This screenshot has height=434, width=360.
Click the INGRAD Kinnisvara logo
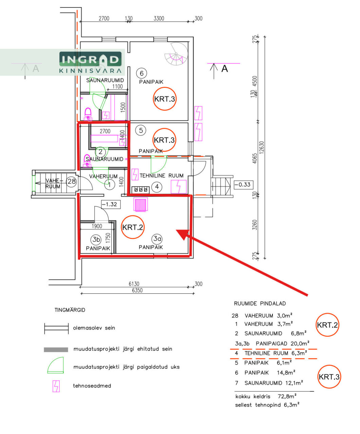(x=90, y=62)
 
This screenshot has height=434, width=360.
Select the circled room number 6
(x=141, y=73)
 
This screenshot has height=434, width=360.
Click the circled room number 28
(x=71, y=181)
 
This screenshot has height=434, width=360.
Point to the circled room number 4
(x=157, y=186)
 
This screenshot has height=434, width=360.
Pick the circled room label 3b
(x=96, y=239)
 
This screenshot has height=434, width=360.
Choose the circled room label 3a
(x=157, y=239)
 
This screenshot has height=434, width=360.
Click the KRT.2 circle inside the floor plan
(x=132, y=227)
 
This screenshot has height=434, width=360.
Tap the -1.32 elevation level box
(x=111, y=204)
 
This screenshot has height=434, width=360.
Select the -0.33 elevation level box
(x=244, y=184)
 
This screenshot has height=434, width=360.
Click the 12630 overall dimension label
(x=262, y=147)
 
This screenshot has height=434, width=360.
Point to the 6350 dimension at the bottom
(x=137, y=290)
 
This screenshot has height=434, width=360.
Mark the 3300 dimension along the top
(x=159, y=19)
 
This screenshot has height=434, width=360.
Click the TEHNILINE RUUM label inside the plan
(x=162, y=176)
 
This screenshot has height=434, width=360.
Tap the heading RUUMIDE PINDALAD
(x=260, y=303)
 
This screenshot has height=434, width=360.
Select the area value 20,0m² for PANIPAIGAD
(x=300, y=343)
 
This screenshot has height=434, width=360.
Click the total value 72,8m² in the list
(x=287, y=396)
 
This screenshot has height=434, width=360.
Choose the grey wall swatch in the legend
(x=56, y=350)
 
